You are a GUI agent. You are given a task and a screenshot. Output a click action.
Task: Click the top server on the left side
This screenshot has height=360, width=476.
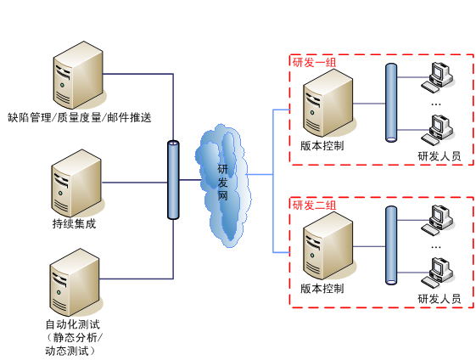[x=79, y=76]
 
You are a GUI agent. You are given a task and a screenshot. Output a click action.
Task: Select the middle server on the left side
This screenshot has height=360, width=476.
[x=77, y=183]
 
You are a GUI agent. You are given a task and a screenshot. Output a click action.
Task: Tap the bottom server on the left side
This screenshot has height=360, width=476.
[x=76, y=282]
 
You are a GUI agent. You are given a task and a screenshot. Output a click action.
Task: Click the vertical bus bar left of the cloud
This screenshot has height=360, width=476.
[x=173, y=180]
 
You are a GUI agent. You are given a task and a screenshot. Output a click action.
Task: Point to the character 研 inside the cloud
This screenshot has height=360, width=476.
[x=222, y=169]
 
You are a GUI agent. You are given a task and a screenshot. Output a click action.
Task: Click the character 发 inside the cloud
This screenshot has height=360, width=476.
[x=222, y=183]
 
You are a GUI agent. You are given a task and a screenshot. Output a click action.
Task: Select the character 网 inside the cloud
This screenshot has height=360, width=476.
[x=222, y=196]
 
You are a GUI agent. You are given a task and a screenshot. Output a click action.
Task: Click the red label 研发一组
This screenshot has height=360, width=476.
[x=314, y=62]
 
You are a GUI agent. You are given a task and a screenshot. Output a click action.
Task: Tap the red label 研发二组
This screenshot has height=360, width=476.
[x=314, y=205]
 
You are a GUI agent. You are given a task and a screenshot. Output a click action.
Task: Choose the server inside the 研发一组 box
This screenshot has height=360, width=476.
[x=328, y=103]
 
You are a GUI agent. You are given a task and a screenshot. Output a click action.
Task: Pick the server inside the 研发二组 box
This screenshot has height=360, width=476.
[x=328, y=245]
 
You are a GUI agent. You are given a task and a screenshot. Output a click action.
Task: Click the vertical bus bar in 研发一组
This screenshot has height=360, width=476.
[x=391, y=102]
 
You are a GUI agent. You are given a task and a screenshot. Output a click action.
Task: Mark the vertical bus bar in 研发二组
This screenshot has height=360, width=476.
[x=391, y=245]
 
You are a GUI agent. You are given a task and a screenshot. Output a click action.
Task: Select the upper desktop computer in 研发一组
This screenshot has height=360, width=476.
[x=439, y=76]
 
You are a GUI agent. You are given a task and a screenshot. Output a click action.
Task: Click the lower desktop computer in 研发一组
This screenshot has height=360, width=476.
[x=439, y=129]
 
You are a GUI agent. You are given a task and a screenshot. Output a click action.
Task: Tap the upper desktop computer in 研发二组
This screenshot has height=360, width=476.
[x=439, y=219]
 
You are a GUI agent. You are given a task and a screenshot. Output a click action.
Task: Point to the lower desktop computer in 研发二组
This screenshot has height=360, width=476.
[x=439, y=272]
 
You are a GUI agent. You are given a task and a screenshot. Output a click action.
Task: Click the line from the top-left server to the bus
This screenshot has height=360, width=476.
[x=140, y=74]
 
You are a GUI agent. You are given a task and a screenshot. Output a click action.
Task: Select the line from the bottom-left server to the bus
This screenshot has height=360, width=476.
[x=140, y=278]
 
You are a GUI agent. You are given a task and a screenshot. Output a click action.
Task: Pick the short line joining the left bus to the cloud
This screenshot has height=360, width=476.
[x=188, y=180]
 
